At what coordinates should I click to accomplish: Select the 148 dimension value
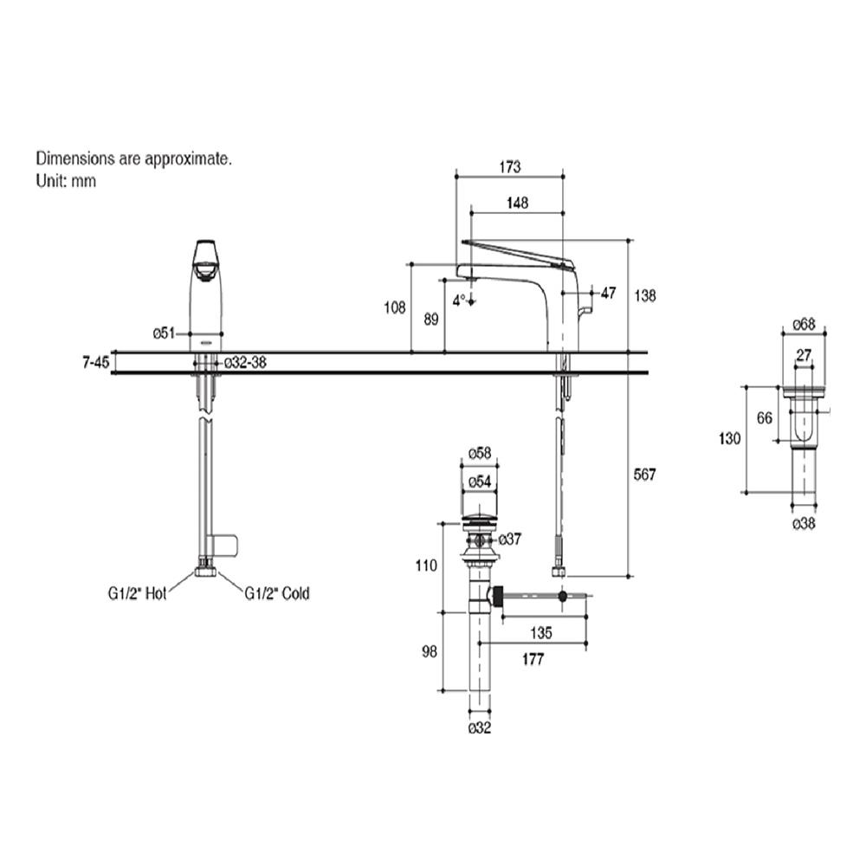(516, 203)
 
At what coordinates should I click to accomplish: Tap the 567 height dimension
(646, 475)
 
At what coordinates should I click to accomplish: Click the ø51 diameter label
(165, 333)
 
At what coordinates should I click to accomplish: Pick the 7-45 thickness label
(95, 363)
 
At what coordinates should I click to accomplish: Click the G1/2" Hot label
(144, 594)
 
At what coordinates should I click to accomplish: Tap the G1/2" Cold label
(276, 594)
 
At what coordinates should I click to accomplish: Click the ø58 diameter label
(480, 453)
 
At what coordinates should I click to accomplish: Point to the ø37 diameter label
(510, 540)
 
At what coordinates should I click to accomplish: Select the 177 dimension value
(533, 660)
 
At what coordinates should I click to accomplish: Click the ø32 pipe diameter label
(480, 728)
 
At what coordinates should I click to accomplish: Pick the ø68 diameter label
(804, 326)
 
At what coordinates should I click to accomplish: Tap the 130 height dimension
(730, 439)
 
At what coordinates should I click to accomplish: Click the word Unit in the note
(48, 181)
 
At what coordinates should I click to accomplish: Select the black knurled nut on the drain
(500, 596)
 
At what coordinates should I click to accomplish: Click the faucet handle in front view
(206, 260)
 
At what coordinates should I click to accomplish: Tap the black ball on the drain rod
(564, 596)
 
